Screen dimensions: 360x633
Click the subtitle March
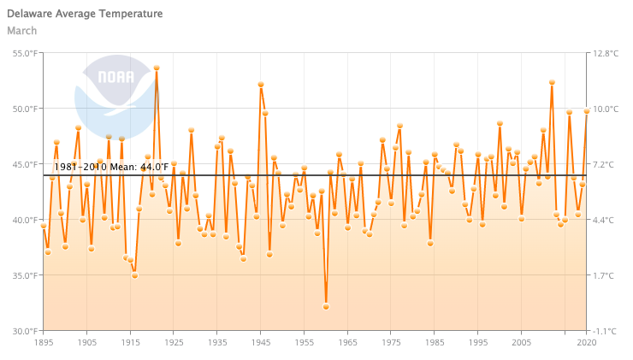[22, 31]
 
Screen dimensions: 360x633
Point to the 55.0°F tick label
[24, 53]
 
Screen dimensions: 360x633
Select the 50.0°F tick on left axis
[24, 109]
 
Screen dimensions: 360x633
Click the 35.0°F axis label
[24, 275]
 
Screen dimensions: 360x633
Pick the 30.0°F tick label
[24, 331]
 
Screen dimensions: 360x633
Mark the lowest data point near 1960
[326, 306]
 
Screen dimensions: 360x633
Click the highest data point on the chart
[157, 68]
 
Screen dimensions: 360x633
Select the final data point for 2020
[587, 111]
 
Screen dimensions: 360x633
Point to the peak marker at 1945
[261, 85]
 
